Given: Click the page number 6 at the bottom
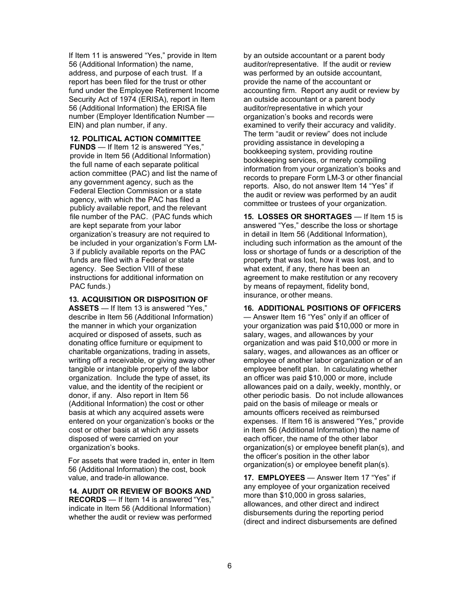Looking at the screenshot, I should [229, 565].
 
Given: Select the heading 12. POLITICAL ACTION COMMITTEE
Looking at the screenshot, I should [135, 139].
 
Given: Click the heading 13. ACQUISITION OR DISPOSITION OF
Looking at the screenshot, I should [138, 299].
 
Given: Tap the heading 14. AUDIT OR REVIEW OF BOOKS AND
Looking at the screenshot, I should [140, 491].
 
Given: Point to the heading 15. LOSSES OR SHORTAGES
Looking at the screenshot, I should [298, 217].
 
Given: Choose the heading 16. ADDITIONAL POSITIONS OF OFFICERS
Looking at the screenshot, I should [322, 308].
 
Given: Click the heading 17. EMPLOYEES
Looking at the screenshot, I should [274, 478].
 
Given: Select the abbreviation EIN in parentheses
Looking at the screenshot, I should [76, 125].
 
